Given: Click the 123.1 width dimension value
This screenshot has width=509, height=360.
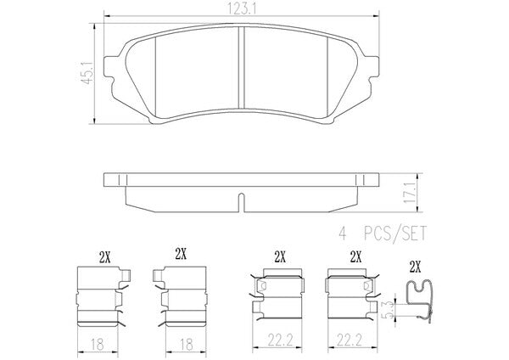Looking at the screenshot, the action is [242, 9].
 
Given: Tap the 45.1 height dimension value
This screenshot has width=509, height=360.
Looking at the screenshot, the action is [87, 73].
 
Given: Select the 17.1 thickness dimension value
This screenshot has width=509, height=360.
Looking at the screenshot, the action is [410, 193].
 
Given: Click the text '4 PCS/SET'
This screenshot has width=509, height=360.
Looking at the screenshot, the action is [383, 233].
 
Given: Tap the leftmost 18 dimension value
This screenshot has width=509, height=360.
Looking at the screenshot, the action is [97, 344].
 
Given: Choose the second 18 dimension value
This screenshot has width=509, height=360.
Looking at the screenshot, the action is [187, 344].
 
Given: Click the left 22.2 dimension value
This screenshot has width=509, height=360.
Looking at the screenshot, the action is [281, 340].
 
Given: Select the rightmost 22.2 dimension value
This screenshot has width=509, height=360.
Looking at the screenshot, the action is [349, 340].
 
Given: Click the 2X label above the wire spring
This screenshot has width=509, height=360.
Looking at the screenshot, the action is [415, 267].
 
